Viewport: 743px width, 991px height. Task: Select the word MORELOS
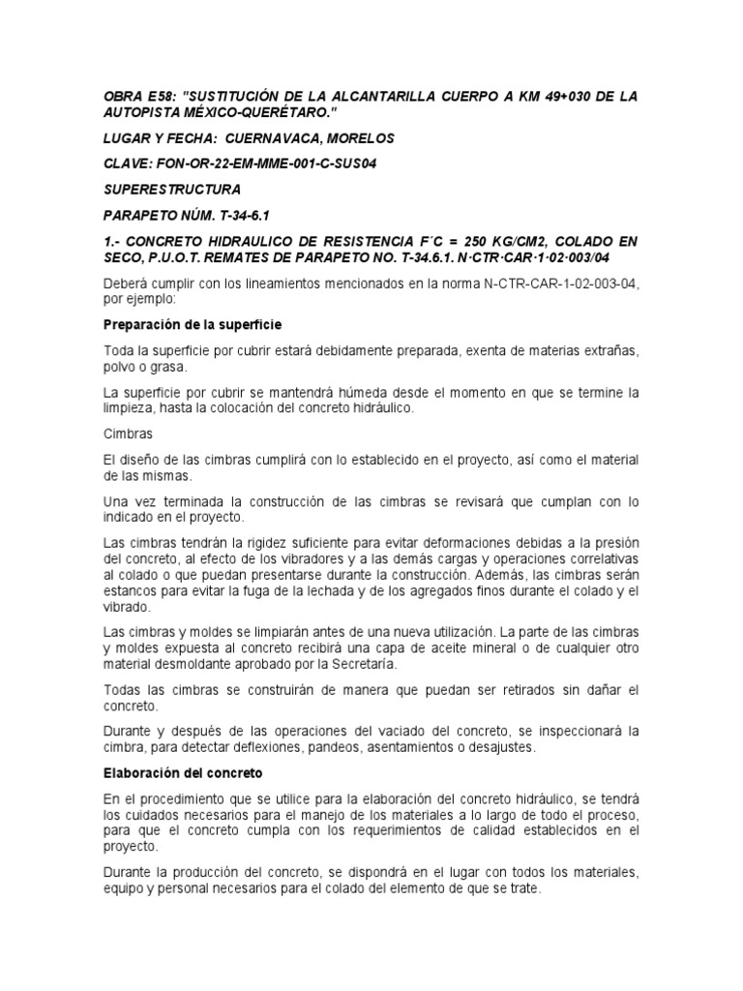pos(360,138)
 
